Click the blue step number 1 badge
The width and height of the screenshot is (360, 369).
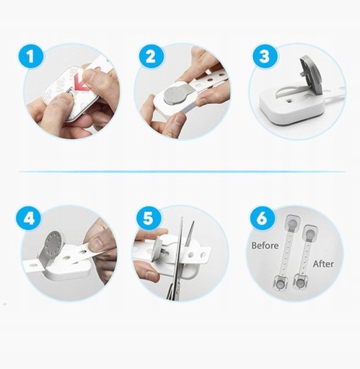point(30,57)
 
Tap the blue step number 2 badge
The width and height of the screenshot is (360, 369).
point(151,57)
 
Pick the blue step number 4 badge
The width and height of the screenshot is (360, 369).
point(29,219)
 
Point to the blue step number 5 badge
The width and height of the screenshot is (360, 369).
point(148,218)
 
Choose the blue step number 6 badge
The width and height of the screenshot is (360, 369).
point(262,218)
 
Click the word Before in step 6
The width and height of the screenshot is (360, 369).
point(265,246)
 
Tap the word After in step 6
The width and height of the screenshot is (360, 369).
point(323,264)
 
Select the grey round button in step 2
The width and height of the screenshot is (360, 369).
point(175,96)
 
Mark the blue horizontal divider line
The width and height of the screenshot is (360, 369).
point(183,172)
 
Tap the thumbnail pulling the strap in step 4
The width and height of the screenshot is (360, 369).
point(98,244)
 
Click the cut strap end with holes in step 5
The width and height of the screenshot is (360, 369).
point(197,254)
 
